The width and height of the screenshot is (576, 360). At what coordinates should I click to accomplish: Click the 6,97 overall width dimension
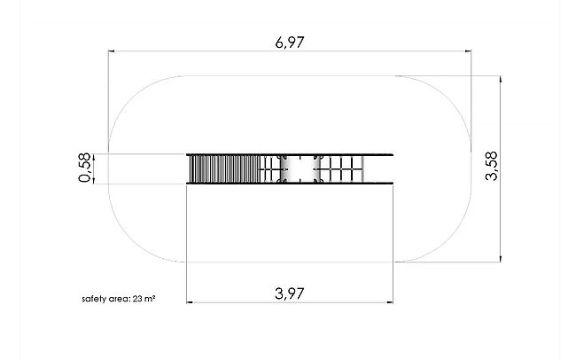[290, 43]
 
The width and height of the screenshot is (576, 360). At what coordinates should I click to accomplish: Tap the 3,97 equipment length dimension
[290, 293]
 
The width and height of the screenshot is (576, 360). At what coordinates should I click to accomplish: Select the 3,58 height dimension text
[491, 166]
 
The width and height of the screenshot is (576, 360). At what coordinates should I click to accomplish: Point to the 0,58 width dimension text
[85, 168]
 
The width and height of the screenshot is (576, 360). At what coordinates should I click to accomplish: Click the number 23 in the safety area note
[137, 299]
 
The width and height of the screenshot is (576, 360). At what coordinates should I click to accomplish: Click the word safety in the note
[94, 299]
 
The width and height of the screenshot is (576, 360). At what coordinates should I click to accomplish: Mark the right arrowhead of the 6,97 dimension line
[468, 51]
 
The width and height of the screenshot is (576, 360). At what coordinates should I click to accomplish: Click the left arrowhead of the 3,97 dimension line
[190, 302]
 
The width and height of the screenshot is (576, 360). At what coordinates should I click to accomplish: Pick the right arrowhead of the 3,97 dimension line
[390, 302]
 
